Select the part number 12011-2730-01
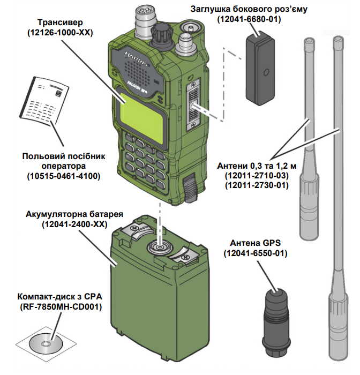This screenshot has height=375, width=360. pyautogui.click(x=256, y=185)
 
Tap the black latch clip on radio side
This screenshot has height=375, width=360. pyautogui.click(x=190, y=190)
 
